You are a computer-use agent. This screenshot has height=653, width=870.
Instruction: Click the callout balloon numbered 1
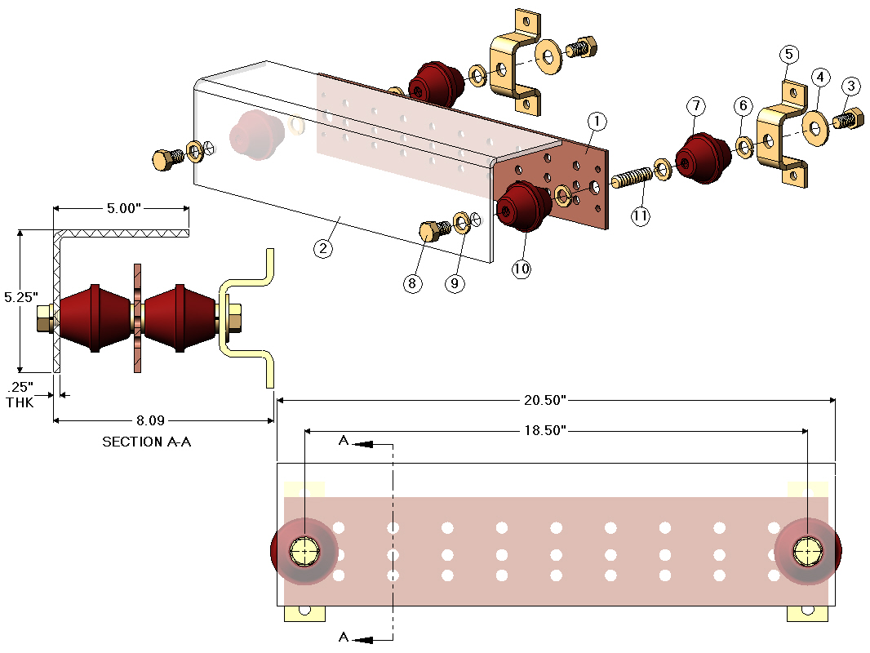point(597,122)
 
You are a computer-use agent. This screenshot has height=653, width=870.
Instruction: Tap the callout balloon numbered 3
point(851,86)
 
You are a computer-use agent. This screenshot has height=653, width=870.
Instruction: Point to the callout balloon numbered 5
point(788,55)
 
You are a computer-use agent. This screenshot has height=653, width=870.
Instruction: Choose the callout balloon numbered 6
point(742,105)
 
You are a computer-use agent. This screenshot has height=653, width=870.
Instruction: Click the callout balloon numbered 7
point(695,105)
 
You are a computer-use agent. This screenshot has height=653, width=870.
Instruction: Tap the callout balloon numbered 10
point(522,269)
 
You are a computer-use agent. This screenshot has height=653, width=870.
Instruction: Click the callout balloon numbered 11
point(641,216)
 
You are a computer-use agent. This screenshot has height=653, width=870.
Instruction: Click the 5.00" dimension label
point(120,208)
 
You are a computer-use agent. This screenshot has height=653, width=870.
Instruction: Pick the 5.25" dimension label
point(19,298)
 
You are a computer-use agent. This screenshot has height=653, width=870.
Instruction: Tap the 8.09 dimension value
point(152,420)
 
